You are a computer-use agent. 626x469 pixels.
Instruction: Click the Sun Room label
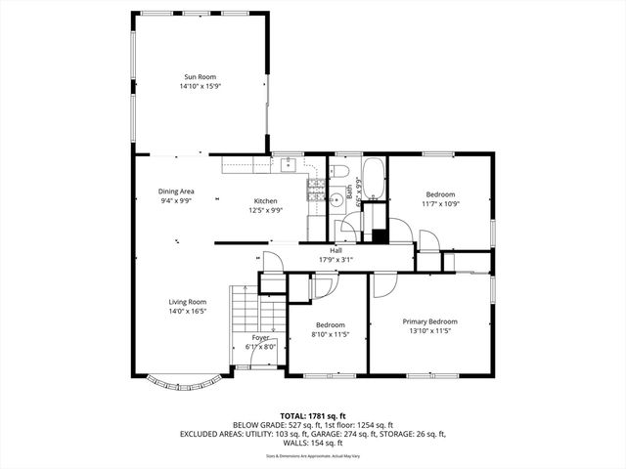(x=200, y=76)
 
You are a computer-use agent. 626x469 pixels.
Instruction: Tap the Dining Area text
(x=176, y=192)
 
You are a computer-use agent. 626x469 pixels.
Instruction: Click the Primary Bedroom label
(x=429, y=320)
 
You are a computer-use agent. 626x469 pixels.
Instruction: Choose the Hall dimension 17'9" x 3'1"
(x=335, y=260)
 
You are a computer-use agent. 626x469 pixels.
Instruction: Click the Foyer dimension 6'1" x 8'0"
(x=260, y=346)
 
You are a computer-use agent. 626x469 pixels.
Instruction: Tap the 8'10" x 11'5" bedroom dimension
(x=330, y=334)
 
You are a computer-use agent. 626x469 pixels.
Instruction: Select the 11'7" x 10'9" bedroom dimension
(x=440, y=203)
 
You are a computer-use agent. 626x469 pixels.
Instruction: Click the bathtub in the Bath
(x=375, y=187)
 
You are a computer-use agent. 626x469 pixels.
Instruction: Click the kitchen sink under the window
(x=288, y=164)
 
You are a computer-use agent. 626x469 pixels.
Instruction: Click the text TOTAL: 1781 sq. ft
(x=313, y=415)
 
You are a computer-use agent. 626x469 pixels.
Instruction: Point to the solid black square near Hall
(x=378, y=235)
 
